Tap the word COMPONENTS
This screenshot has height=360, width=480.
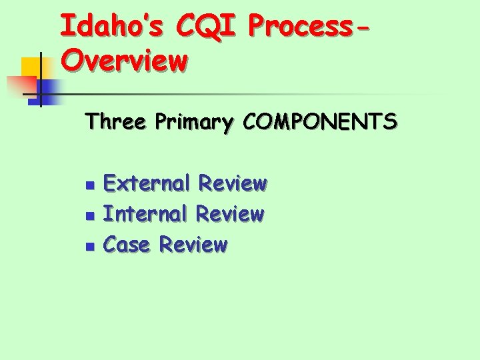pyautogui.click(x=321, y=122)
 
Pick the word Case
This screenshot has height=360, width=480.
pyautogui.click(x=128, y=245)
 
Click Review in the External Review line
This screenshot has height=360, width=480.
pyautogui.click(x=233, y=183)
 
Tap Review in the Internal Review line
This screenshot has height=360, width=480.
pyautogui.click(x=230, y=214)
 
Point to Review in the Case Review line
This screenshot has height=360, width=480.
pyautogui.click(x=193, y=245)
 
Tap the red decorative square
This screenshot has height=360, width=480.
pyautogui.click(x=20, y=85)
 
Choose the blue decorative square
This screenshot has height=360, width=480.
pyautogui.click(x=52, y=91)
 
